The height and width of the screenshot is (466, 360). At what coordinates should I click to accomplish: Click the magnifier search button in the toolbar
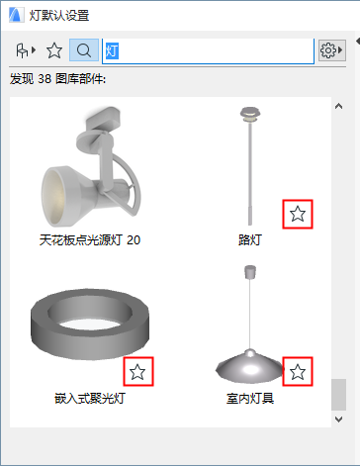(84, 50)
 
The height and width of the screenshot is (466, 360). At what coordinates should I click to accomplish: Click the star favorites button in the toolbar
(54, 50)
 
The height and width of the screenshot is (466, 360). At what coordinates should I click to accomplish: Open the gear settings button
(331, 50)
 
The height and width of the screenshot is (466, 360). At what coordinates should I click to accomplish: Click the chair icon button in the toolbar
(26, 50)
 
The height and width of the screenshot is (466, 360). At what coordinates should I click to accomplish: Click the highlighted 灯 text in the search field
(112, 51)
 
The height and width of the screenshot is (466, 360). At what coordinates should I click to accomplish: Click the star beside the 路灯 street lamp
(298, 214)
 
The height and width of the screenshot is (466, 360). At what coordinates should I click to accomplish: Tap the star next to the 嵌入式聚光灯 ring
(137, 372)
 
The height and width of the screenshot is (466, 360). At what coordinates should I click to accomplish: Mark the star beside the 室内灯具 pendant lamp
(298, 372)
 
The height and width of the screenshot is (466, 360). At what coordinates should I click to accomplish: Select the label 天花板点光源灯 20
(90, 239)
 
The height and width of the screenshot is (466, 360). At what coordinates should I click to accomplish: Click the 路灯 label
(250, 239)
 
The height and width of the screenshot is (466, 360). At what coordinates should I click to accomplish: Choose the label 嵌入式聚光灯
(90, 398)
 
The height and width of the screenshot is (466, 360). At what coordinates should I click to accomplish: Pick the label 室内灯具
(250, 398)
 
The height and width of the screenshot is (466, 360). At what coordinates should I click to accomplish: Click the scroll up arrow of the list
(338, 106)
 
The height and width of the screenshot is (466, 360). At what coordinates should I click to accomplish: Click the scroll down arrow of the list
(338, 419)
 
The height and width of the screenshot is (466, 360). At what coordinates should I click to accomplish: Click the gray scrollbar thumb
(338, 395)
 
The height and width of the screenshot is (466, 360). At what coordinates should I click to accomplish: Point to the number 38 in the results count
(45, 79)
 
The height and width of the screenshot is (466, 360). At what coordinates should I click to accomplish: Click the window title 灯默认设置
(59, 15)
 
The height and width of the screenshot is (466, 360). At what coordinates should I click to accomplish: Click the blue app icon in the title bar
(16, 15)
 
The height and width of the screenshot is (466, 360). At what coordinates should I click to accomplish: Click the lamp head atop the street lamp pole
(250, 114)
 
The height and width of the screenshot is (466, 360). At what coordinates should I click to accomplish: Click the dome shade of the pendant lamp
(249, 367)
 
